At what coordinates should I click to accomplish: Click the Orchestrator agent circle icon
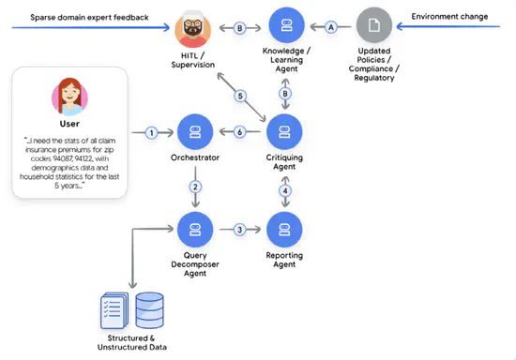coord(194,133)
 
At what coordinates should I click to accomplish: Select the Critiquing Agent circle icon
coord(284,133)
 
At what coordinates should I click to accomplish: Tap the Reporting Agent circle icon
coord(284,230)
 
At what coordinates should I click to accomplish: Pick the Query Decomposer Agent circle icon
coord(194,230)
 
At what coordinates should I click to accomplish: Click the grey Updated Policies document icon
coord(375,26)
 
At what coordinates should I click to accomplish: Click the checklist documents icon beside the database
coord(114,308)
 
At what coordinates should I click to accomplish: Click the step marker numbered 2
coord(194,187)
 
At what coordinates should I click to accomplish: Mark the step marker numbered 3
coord(239,230)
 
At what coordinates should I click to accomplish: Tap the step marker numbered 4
coord(284,191)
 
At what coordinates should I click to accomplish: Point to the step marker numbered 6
coord(239,133)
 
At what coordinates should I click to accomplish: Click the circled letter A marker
coord(330,27)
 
